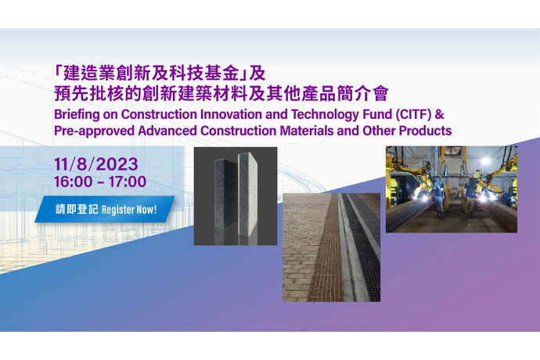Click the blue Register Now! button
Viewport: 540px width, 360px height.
click(105, 209)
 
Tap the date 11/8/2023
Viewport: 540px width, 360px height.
click(96, 164)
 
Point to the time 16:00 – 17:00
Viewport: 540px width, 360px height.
click(100, 182)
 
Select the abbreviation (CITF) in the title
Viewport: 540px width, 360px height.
click(413, 114)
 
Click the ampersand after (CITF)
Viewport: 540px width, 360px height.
click(440, 114)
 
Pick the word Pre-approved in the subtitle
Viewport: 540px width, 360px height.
click(94, 131)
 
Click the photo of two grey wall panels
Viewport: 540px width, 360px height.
click(236, 196)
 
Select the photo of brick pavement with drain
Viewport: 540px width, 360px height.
click(332, 247)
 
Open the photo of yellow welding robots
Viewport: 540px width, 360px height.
click(451, 189)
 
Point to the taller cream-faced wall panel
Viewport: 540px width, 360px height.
click(248, 194)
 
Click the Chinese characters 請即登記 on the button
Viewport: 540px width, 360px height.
click(77, 209)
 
